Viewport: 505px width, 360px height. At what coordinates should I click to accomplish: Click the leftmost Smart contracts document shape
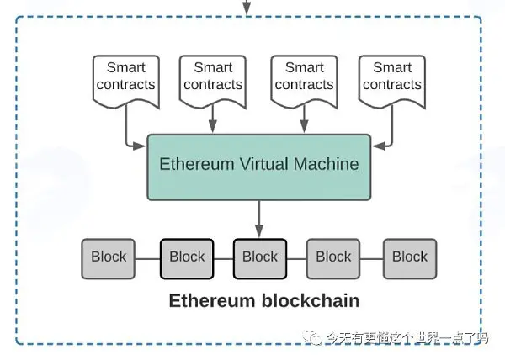pyautogui.click(x=126, y=82)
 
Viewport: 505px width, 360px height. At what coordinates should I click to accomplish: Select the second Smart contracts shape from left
pyautogui.click(x=213, y=82)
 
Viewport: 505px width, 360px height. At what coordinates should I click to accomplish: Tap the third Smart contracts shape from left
pyautogui.click(x=305, y=82)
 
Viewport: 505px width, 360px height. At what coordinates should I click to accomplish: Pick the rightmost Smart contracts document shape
pyautogui.click(x=392, y=82)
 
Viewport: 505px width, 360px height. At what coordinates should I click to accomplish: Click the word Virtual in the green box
pyautogui.click(x=263, y=164)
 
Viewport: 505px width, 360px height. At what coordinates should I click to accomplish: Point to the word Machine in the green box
pyautogui.click(x=326, y=164)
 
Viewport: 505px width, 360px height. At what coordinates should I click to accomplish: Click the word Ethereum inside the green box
pyautogui.click(x=197, y=164)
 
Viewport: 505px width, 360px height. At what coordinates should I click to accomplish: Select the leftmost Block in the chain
pyautogui.click(x=109, y=259)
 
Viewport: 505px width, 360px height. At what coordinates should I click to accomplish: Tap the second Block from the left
pyautogui.click(x=187, y=259)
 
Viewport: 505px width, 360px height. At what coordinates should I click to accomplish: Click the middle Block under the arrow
pyautogui.click(x=260, y=259)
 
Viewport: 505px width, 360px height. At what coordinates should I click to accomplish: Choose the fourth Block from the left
pyautogui.click(x=333, y=259)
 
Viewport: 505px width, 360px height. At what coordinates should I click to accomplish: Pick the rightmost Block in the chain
pyautogui.click(x=410, y=259)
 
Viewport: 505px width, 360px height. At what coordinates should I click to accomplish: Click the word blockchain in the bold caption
pyautogui.click(x=311, y=300)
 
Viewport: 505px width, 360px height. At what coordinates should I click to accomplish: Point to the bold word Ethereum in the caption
pyautogui.click(x=212, y=300)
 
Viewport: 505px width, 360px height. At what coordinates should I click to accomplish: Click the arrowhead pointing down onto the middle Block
pyautogui.click(x=259, y=231)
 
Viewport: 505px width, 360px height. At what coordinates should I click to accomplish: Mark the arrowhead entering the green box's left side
pyautogui.click(x=140, y=146)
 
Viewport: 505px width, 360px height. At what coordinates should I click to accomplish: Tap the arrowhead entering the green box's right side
pyautogui.click(x=379, y=146)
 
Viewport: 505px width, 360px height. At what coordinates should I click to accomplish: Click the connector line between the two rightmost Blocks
pyautogui.click(x=372, y=259)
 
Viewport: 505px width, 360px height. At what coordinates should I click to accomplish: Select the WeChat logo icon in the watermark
pyautogui.click(x=311, y=338)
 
